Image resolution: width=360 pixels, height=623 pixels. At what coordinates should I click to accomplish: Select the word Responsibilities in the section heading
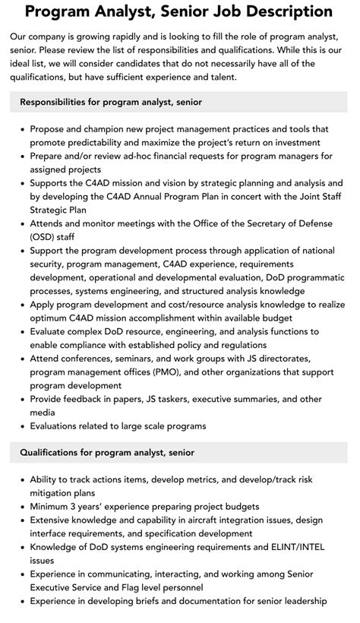(x=57, y=102)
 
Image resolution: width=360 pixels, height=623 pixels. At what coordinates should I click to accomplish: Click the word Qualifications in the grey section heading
(x=52, y=452)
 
